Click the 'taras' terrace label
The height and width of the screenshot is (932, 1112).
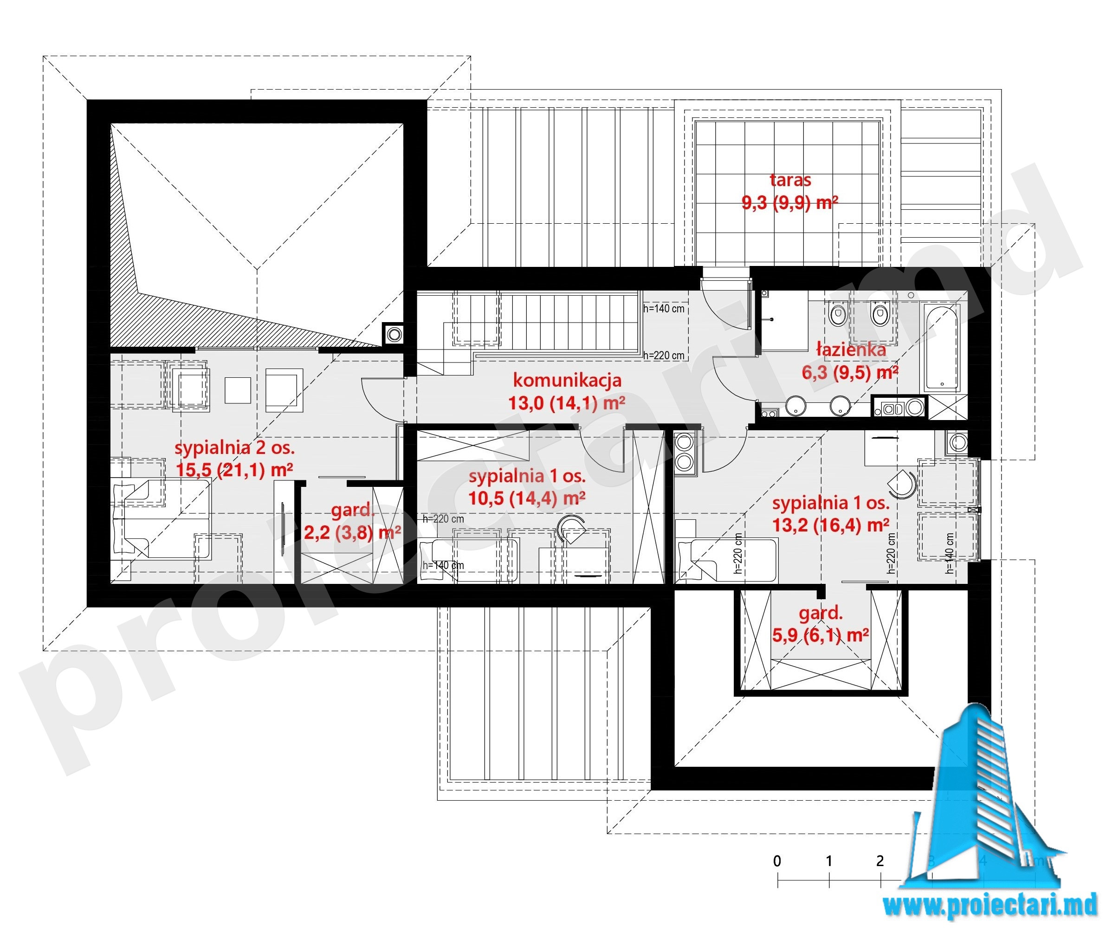(x=790, y=180)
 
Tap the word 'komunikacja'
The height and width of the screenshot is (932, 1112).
(x=567, y=380)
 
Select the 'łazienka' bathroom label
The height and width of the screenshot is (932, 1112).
(x=851, y=349)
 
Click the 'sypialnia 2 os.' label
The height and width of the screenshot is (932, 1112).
(x=234, y=448)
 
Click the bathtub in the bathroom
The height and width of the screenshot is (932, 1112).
(x=943, y=347)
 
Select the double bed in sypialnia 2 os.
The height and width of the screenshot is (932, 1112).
(x=161, y=519)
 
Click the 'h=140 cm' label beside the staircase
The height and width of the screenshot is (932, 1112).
(x=664, y=309)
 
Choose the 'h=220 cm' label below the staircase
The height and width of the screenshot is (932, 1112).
(x=664, y=356)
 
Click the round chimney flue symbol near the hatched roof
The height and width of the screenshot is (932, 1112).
(x=394, y=334)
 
